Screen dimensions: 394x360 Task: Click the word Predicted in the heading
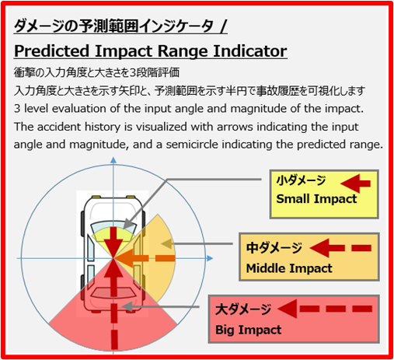click(52, 51)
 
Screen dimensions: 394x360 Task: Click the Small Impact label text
click(316, 199)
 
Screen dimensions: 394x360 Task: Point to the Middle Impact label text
click(289, 268)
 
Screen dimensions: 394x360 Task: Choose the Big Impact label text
click(249, 330)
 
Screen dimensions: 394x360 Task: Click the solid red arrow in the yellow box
click(356, 183)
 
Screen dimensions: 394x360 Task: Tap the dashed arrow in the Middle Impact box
click(340, 248)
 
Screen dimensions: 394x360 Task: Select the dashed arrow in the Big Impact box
click(325, 309)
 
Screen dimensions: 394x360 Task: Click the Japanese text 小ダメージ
click(301, 180)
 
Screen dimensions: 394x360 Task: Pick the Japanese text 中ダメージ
click(274, 248)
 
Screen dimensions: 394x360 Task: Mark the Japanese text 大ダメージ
click(243, 309)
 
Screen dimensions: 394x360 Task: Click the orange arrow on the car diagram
click(145, 258)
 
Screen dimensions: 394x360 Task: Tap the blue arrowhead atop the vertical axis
click(113, 160)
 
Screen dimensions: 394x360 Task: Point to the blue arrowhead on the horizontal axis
click(210, 258)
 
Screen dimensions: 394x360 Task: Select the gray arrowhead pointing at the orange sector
click(167, 243)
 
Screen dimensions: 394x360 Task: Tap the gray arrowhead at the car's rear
click(127, 307)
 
